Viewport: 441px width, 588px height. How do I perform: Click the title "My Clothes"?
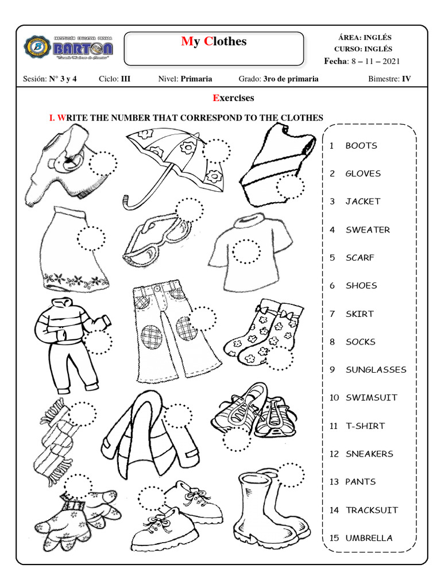tap(214, 41)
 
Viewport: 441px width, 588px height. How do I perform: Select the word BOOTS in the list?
tap(361, 146)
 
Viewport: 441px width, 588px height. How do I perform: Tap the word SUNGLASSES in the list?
tap(376, 370)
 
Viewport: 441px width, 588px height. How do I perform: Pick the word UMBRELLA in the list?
tap(369, 538)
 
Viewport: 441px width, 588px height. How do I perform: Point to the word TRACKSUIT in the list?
tap(372, 510)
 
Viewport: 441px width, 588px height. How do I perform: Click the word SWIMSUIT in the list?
tap(371, 397)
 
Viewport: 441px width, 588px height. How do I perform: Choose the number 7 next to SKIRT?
tap(332, 314)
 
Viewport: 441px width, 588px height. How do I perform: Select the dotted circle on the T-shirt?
tap(247, 252)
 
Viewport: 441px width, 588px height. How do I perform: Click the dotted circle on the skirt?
tap(91, 238)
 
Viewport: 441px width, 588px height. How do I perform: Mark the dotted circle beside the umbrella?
tap(216, 151)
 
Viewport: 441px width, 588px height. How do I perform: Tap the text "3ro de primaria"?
tap(291, 79)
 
